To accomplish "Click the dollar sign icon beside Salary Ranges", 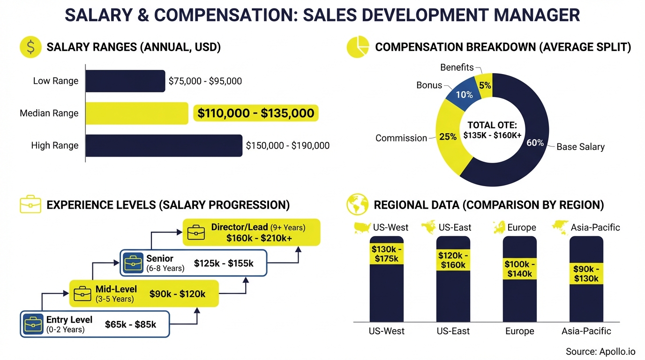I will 30,47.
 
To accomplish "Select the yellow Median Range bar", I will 136,113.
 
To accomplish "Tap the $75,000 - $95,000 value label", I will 205,81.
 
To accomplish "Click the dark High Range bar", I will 164,146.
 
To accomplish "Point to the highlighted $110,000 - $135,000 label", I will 255,113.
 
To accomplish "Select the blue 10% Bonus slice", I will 463,94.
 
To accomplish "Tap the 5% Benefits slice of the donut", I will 485,85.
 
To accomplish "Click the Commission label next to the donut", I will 401,138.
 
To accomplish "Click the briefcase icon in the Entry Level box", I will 33,324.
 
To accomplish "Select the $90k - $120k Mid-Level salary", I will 177,294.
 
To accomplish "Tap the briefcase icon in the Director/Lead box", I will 196,232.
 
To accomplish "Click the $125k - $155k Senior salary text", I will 224,263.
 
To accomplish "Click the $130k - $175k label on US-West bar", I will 386,254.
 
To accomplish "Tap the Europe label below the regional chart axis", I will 519,331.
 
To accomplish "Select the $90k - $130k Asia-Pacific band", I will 586,274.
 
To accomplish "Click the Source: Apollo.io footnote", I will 600,352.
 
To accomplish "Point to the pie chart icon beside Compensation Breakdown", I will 358,47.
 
